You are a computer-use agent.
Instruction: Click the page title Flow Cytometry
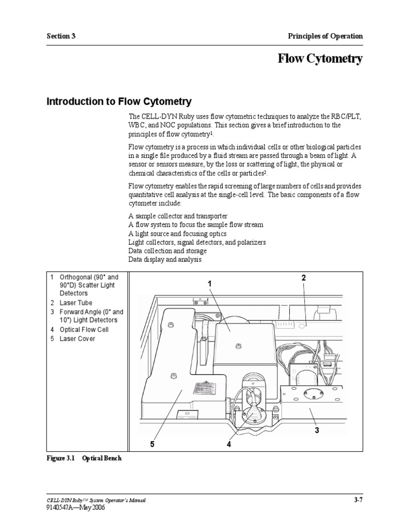[x=320, y=60]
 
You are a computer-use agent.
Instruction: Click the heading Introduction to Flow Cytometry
[x=119, y=101]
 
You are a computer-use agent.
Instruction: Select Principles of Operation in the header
[x=325, y=36]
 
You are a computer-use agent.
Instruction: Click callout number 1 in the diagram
[x=210, y=283]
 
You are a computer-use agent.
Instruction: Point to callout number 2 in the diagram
[x=304, y=278]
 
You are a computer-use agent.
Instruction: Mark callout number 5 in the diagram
[x=152, y=444]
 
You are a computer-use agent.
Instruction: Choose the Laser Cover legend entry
[x=77, y=338]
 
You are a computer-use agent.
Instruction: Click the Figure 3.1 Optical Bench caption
[x=84, y=458]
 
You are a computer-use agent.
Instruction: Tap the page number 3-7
[x=357, y=500]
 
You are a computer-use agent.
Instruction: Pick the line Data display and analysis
[x=165, y=260]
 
